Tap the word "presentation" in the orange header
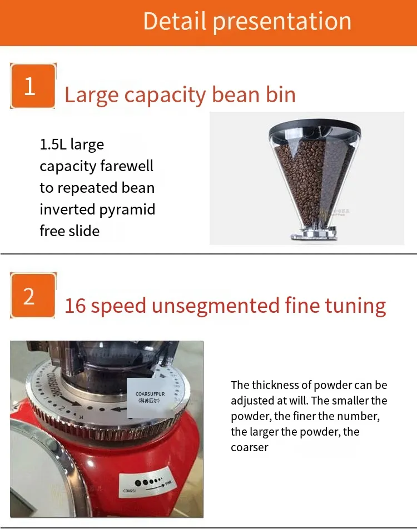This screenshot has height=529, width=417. (282, 22)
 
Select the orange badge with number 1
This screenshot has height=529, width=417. (32, 86)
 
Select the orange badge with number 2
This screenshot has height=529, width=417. (32, 296)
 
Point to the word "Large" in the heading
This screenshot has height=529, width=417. (91, 95)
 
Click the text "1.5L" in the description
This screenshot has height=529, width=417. (53, 144)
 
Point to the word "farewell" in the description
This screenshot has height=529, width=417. (127, 166)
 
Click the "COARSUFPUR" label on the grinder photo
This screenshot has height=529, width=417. (151, 394)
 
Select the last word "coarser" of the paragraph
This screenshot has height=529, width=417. (250, 447)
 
